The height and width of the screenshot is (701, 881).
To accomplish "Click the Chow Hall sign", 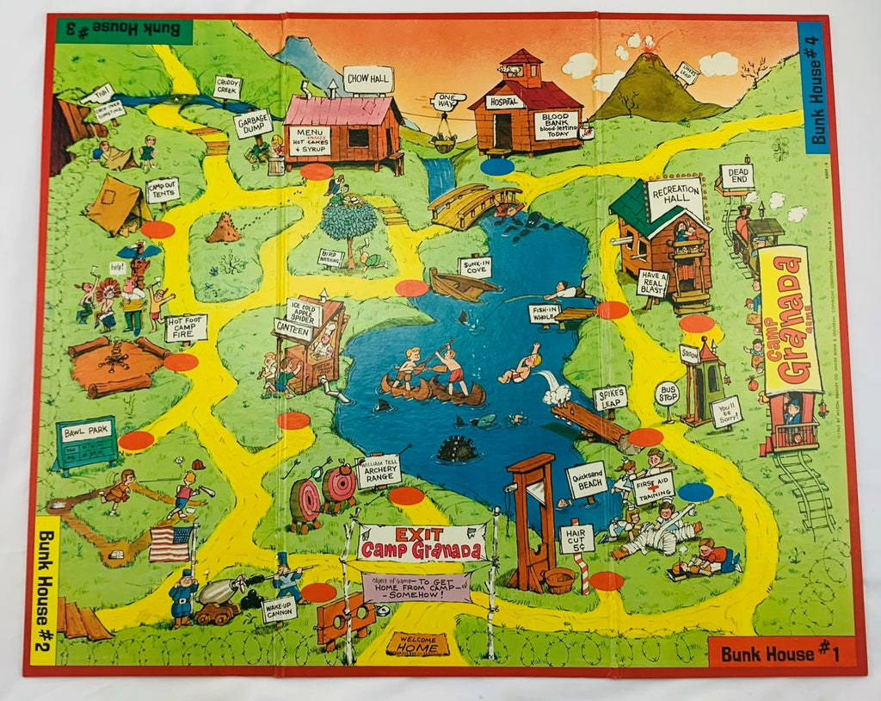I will (x=368, y=79).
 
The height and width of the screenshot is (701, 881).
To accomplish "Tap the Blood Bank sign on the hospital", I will (x=555, y=126).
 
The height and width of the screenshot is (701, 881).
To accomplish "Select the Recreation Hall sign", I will (x=675, y=198).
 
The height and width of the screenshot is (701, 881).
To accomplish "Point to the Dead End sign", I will (x=736, y=177).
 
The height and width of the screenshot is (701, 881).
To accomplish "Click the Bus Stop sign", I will (x=667, y=394).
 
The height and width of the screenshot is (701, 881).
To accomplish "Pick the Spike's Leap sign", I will (x=610, y=398).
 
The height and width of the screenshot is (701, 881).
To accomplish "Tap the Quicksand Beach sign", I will (x=587, y=481).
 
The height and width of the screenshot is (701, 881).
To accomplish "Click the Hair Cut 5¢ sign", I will (x=576, y=538).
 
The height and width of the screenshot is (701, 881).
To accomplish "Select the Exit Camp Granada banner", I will (x=422, y=543).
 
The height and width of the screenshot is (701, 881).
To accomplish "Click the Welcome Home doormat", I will (x=417, y=644).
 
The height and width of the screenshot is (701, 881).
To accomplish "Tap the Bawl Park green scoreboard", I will (x=86, y=444).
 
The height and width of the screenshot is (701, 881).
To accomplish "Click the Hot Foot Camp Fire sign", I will (x=186, y=327).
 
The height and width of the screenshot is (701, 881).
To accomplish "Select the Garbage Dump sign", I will (x=253, y=123).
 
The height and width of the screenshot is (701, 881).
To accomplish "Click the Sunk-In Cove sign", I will (x=474, y=266).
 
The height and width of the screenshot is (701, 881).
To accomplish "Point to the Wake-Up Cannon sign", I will (x=279, y=610).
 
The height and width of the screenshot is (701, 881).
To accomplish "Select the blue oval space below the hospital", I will (x=497, y=167).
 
